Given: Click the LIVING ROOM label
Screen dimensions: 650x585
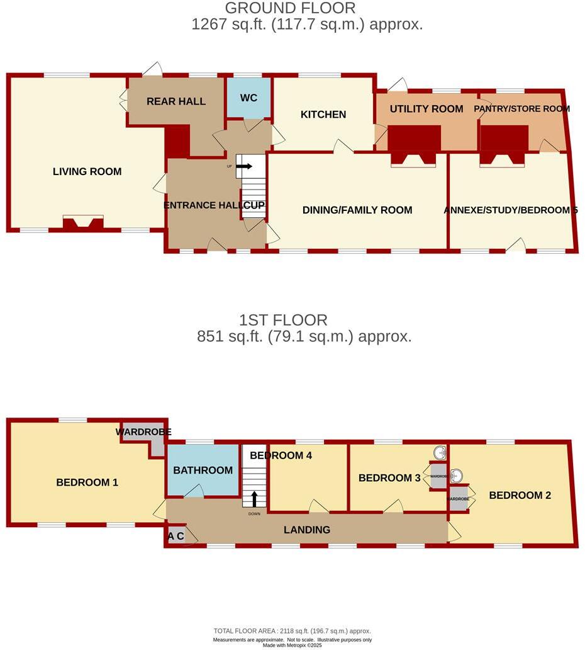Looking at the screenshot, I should pos(87,171).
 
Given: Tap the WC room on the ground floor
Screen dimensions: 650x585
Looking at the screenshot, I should pos(248,98).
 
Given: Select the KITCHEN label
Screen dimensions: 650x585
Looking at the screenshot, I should pos(323,115).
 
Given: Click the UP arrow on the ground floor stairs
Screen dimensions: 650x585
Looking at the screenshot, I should pos(244,166).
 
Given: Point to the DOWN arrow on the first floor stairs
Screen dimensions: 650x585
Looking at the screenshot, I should pos(254,499).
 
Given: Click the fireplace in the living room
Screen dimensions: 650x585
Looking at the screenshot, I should pos(83,223).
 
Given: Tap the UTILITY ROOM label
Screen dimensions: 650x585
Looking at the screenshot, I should pos(426,109).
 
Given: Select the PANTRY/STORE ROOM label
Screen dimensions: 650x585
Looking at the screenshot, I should pos(521,109).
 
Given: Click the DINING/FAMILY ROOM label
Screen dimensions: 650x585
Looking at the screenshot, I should pos(357,210).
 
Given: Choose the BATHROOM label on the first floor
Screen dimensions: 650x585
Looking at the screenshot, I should pos(203,470).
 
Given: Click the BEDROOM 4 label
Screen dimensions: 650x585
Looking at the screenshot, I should pos(289,455).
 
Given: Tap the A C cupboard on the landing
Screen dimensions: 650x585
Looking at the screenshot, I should pos(176,537).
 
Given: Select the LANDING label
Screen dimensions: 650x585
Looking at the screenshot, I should pos(306,530).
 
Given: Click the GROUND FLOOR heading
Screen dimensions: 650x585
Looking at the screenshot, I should pos(290,8).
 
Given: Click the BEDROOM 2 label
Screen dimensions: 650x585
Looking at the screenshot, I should pos(520,496).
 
